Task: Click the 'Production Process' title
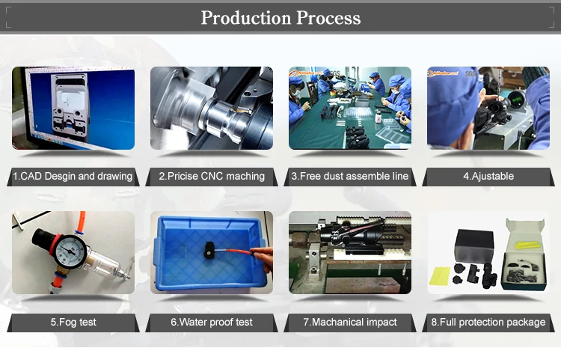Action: [280, 17]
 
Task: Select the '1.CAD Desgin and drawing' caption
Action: [73, 177]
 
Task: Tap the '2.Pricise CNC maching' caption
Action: [212, 177]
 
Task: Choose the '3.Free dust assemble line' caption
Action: [349, 177]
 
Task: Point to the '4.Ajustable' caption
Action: [488, 177]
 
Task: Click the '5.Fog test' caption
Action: [73, 322]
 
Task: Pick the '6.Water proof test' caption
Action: [212, 322]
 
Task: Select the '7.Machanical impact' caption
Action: [350, 322]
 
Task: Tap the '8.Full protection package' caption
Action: [488, 322]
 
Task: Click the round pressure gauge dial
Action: [70, 251]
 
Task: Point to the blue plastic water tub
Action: [210, 253]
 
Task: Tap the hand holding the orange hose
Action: [262, 258]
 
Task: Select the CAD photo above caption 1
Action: [73, 108]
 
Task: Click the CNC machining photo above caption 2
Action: [212, 108]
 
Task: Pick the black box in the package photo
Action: [474, 246]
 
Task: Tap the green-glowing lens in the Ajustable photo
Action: [515, 98]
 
